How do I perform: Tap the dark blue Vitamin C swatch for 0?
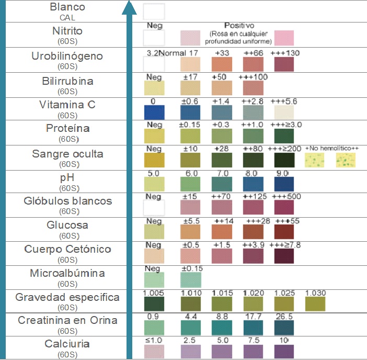click(x=154, y=113)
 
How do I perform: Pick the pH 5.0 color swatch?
click(x=154, y=184)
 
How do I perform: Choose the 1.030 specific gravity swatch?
click(x=315, y=303)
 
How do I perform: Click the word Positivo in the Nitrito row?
click(x=239, y=25)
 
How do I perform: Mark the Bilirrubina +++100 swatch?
click(x=253, y=88)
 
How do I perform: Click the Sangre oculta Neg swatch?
click(x=154, y=160)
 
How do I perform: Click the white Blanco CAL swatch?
click(x=154, y=12)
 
